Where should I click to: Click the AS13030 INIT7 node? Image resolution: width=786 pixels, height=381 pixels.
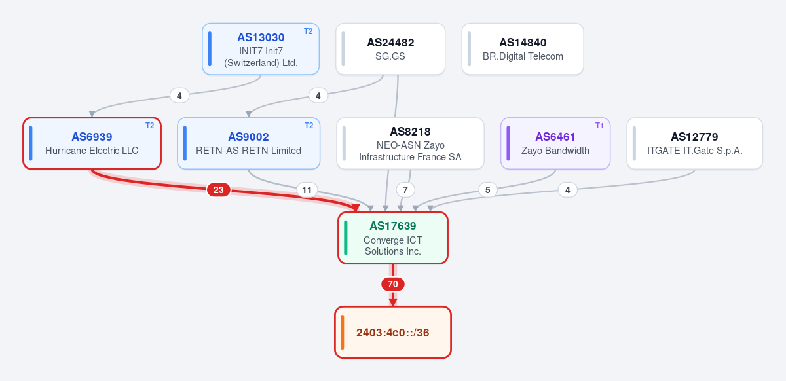click(261, 49)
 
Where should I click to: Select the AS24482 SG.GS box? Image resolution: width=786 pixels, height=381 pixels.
click(390, 49)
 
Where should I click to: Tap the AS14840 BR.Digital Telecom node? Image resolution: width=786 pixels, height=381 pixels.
click(523, 49)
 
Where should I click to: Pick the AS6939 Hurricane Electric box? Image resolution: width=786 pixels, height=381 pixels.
click(92, 143)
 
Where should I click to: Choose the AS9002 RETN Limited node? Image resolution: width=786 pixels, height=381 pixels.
click(248, 143)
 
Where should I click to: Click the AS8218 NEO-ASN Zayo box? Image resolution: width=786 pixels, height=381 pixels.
click(410, 143)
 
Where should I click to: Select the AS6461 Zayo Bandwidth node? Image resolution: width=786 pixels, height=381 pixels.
click(555, 143)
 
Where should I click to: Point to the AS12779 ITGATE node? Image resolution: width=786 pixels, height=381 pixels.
click(694, 143)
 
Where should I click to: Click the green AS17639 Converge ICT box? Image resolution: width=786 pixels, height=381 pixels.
click(392, 238)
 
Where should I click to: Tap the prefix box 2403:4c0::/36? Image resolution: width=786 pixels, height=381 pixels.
click(392, 333)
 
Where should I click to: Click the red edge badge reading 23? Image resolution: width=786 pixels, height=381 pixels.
click(219, 190)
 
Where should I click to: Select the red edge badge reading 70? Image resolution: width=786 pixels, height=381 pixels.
click(392, 284)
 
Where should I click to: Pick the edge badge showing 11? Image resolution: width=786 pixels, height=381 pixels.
click(307, 190)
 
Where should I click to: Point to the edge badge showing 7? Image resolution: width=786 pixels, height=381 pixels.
click(405, 190)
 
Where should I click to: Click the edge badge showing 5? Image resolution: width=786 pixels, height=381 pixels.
click(488, 190)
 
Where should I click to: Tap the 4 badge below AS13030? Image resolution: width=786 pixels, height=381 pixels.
click(179, 96)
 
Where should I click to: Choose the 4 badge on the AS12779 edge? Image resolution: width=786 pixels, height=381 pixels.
click(568, 190)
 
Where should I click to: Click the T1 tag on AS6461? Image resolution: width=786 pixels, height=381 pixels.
click(599, 126)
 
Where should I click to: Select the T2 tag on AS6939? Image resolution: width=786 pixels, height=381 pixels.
click(150, 126)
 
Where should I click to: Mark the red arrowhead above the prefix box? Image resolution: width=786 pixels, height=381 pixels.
click(392, 302)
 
